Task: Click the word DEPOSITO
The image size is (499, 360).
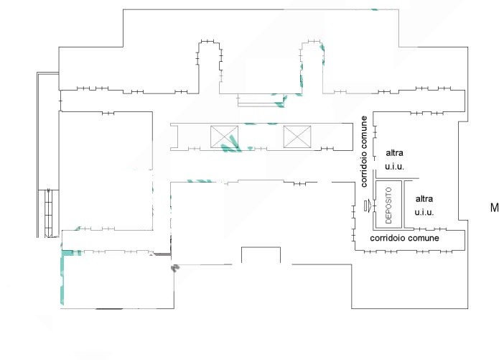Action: click(x=388, y=206)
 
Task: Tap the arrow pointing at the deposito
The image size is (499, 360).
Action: click(x=368, y=206)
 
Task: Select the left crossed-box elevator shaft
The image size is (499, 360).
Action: click(x=224, y=137)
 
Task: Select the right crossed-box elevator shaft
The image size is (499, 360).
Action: click(x=297, y=137)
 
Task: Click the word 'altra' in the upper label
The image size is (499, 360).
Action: click(x=395, y=153)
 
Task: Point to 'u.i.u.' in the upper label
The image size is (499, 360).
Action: click(x=395, y=166)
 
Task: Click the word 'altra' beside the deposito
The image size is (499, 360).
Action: click(x=424, y=199)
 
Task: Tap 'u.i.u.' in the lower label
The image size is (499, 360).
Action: click(x=424, y=212)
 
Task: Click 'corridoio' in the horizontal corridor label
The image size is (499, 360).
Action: click(x=388, y=238)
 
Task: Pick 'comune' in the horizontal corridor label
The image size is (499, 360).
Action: click(x=424, y=239)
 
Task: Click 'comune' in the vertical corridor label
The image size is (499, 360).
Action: click(x=364, y=132)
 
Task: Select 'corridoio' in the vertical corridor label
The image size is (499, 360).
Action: click(x=364, y=169)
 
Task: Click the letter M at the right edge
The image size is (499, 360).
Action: click(x=495, y=208)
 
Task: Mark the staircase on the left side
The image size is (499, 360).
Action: click(x=48, y=213)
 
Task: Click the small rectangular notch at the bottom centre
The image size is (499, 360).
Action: click(x=261, y=255)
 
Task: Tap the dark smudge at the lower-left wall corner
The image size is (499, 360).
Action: click(x=175, y=267)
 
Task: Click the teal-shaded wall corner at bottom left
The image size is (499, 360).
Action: click(x=65, y=255)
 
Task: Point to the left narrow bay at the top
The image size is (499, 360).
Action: click(x=209, y=67)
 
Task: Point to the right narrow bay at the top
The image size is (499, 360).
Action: click(x=312, y=67)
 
